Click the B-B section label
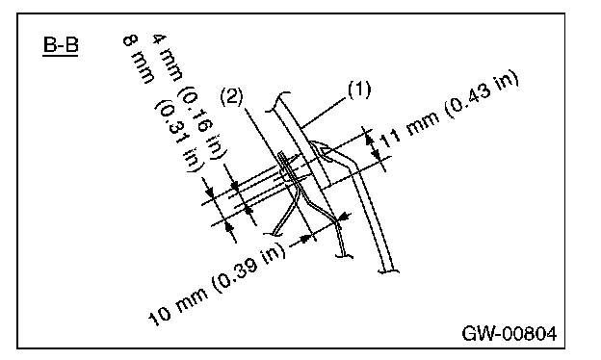tap(61, 44)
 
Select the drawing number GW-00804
tap(510, 334)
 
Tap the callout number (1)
tap(359, 90)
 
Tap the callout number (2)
tap(232, 96)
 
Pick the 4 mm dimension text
tap(168, 58)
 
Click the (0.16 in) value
tap(202, 122)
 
